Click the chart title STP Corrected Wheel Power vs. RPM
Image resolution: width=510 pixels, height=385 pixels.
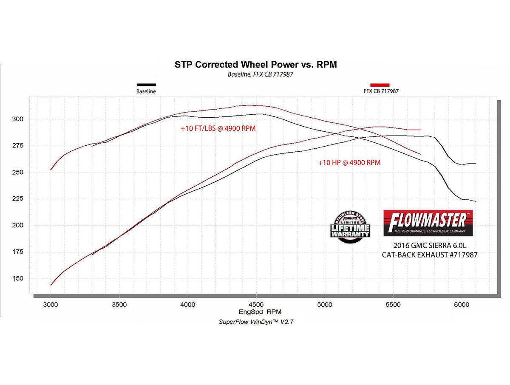[x=255, y=65]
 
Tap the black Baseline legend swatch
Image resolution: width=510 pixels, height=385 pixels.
[x=146, y=85]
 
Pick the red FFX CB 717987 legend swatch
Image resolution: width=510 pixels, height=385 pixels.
[x=380, y=85]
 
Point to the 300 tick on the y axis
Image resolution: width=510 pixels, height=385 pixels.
[x=19, y=119]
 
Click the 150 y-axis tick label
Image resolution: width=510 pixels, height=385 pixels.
[x=19, y=279]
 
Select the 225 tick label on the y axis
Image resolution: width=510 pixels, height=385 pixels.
[x=19, y=199]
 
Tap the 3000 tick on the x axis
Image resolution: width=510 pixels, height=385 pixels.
[x=50, y=304]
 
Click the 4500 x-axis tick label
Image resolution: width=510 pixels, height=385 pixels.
[x=256, y=304]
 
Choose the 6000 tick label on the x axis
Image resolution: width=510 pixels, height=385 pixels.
[x=462, y=304]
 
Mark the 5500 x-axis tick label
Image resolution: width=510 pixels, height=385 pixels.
[x=393, y=304]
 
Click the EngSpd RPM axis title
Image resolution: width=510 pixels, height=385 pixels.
[x=256, y=311]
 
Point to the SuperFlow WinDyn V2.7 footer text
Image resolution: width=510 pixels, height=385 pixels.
[x=256, y=322]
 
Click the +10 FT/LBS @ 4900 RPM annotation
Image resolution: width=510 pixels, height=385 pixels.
[x=218, y=128]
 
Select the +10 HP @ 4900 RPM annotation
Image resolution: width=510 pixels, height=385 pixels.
[x=349, y=162]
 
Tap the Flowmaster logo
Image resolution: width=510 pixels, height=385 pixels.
[x=428, y=223]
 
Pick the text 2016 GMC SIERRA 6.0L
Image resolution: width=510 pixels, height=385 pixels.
[x=428, y=246]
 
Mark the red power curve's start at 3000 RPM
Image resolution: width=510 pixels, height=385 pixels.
[x=51, y=285]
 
